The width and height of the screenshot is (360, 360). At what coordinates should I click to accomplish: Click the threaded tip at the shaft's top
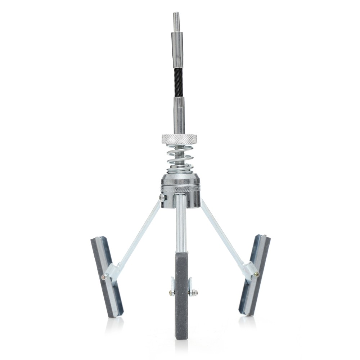[x=176, y=22]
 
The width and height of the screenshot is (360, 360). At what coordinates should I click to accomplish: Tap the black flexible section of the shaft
[x=177, y=82]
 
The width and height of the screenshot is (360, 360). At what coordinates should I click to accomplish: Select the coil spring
[x=179, y=158]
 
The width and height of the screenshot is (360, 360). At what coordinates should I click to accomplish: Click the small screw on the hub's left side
[x=162, y=197]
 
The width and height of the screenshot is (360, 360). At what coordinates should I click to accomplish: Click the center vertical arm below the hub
[x=181, y=223]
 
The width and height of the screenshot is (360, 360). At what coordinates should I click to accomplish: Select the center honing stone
[x=181, y=295]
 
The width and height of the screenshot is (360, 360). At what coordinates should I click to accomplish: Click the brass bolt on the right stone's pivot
[x=256, y=274]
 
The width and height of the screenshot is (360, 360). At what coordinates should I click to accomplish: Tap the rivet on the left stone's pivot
[x=104, y=277]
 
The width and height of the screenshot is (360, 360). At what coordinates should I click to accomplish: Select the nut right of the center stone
[x=194, y=292]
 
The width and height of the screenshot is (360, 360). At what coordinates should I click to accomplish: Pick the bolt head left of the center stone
[x=171, y=292]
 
